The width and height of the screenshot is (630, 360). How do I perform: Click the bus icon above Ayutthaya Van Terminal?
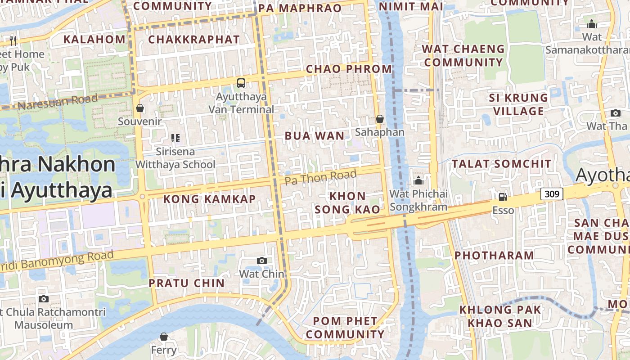point(241,83)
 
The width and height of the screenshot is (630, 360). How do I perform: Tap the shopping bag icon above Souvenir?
point(140,108)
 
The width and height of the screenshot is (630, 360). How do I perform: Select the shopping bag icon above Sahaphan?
point(380,119)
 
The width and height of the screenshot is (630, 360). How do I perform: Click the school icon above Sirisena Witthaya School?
point(175,138)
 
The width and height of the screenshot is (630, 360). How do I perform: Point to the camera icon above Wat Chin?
point(261,261)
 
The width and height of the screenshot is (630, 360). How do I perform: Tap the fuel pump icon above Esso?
point(503,197)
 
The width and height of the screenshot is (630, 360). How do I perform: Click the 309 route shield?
point(551,194)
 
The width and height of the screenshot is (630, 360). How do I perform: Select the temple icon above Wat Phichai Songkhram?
point(418,181)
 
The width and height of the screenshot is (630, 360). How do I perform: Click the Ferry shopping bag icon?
point(164,337)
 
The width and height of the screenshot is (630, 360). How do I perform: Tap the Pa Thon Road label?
point(321,176)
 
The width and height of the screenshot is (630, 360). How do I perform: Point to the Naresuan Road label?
point(58,102)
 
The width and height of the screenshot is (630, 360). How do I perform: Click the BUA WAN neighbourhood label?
point(315,136)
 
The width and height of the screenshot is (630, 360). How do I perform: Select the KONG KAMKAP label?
point(209,199)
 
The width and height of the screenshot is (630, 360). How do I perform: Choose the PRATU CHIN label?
point(187,283)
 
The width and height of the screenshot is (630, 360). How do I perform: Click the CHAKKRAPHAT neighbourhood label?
point(194,40)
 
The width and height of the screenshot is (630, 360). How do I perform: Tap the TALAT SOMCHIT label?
point(501,164)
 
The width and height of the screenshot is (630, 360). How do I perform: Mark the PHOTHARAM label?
point(494,256)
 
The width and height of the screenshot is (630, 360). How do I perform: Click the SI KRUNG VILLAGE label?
point(518,104)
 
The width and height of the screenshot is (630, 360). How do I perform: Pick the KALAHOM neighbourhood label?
point(94,39)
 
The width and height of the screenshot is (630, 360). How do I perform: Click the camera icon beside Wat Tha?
point(615,113)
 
